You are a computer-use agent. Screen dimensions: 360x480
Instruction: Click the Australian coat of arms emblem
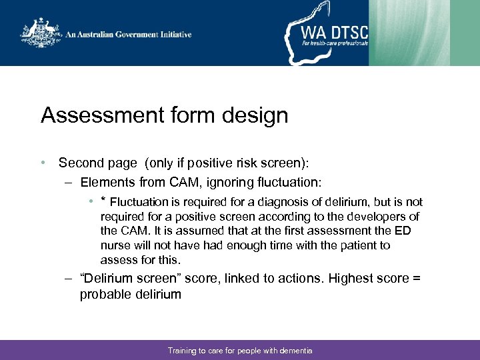click(x=41, y=33)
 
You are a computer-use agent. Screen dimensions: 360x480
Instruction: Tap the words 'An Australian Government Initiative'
click(x=128, y=35)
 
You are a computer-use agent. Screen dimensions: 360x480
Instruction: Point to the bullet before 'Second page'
click(x=43, y=163)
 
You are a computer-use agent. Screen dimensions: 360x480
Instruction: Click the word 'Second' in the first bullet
click(x=81, y=163)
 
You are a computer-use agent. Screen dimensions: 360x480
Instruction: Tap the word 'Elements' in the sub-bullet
click(x=107, y=182)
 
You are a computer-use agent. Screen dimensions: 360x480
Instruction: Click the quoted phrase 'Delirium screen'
click(x=127, y=278)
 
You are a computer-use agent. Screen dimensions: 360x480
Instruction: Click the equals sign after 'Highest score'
click(x=416, y=278)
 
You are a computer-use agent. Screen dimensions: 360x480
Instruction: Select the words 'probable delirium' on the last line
click(x=130, y=294)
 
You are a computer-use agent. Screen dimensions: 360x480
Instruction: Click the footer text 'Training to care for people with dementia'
click(x=240, y=351)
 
